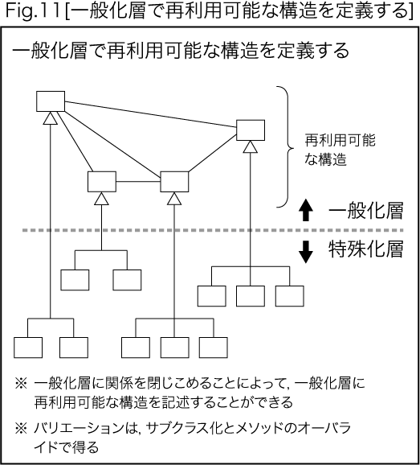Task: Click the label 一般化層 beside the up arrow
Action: [x=366, y=211]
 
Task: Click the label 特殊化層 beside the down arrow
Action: [x=366, y=249]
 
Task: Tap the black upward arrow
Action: [x=306, y=210]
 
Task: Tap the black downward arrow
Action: [x=306, y=252]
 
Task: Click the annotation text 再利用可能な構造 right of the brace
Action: [x=340, y=150]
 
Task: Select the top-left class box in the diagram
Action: [x=51, y=101]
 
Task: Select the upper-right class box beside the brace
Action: [x=251, y=130]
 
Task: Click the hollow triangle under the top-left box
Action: [x=51, y=118]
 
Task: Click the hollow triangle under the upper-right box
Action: [x=250, y=146]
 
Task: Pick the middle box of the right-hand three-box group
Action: [x=251, y=296]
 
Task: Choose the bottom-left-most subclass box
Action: [x=28, y=348]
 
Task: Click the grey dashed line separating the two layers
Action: [x=213, y=230]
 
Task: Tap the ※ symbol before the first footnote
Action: [x=21, y=384]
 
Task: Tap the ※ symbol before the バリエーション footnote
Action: [x=21, y=429]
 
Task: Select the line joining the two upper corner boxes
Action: [x=151, y=114]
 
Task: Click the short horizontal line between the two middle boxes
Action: [x=138, y=182]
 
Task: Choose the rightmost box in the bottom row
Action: [x=214, y=348]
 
